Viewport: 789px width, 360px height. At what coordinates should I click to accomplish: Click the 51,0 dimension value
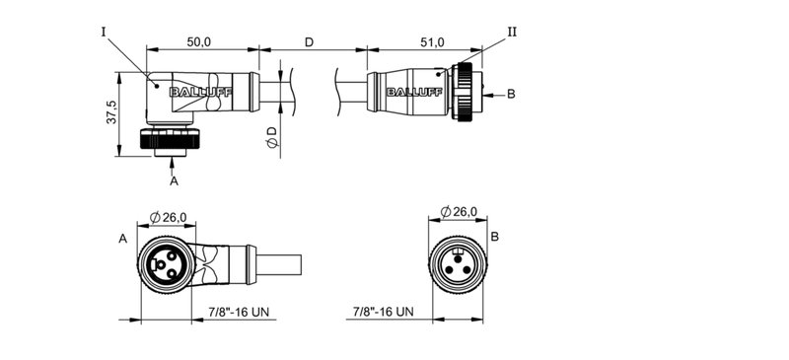432,41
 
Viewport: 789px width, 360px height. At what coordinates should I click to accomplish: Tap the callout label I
103,32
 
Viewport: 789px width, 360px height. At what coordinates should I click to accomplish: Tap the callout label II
512,32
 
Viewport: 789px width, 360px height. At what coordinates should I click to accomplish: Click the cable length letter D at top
309,41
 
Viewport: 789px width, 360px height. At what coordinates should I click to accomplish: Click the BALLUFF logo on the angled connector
194,94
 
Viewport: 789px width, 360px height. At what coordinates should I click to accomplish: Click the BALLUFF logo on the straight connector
413,94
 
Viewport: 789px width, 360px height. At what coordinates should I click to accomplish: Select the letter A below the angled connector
174,180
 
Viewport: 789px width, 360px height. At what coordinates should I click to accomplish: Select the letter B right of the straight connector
511,95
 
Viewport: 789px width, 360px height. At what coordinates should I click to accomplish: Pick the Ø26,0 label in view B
459,211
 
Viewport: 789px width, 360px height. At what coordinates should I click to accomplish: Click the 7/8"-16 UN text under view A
240,313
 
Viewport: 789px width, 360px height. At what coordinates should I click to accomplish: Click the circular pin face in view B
458,264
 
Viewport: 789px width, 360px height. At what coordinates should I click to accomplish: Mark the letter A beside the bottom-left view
122,239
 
